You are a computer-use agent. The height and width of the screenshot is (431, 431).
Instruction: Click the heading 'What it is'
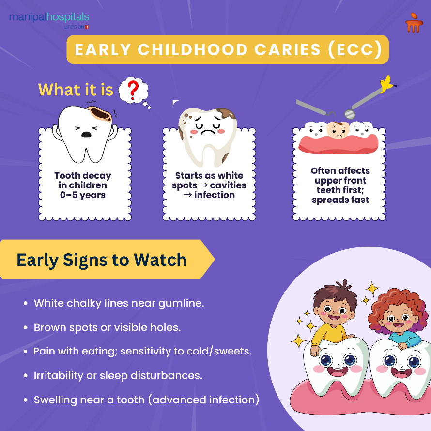pos(76,90)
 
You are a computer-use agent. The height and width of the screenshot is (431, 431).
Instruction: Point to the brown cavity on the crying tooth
pos(100,113)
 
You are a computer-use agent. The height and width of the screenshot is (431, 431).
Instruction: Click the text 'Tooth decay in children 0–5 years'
pos(82,185)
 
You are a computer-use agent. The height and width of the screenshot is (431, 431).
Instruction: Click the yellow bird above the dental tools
pos(386,84)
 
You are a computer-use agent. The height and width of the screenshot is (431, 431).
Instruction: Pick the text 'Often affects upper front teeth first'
pos(340,180)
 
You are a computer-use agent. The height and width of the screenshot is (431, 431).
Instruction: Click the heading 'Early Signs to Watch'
pos(102,260)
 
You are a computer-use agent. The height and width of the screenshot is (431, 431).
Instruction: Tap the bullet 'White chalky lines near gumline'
pos(119,304)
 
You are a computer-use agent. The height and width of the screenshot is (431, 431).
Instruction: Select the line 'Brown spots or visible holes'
pos(107,327)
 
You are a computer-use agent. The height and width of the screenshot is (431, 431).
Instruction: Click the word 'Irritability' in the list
pos(58,375)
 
